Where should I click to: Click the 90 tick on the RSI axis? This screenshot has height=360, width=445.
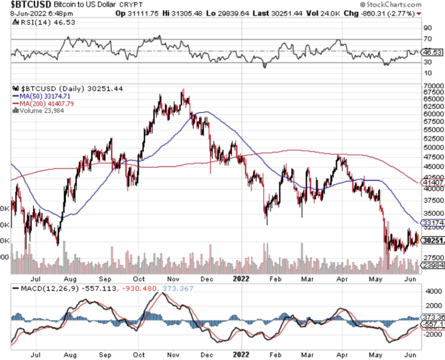point(428,28)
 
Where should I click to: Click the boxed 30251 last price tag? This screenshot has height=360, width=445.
point(432,241)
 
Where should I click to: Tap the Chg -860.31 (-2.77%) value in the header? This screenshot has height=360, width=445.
point(391,13)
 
